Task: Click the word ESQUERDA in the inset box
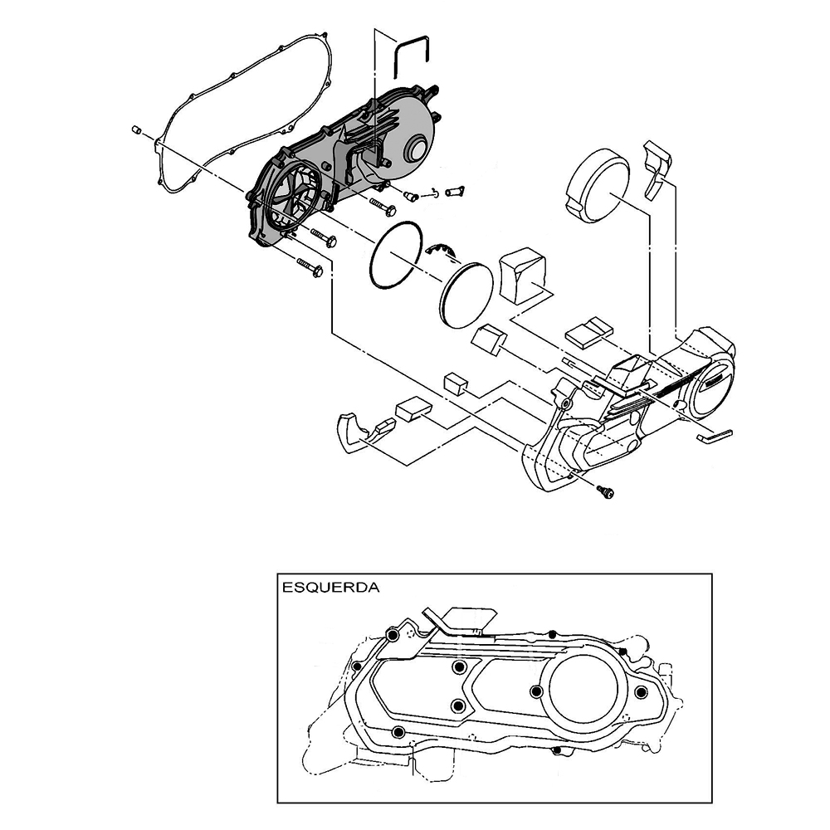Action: click(x=331, y=587)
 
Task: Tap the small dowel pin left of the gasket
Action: click(x=135, y=129)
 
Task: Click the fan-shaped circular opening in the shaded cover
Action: click(x=292, y=196)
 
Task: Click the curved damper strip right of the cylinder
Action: click(x=657, y=169)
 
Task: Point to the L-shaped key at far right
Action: click(x=714, y=435)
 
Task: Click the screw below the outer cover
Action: click(x=605, y=491)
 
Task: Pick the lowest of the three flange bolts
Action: click(x=310, y=266)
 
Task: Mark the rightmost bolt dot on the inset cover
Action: click(x=641, y=692)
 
